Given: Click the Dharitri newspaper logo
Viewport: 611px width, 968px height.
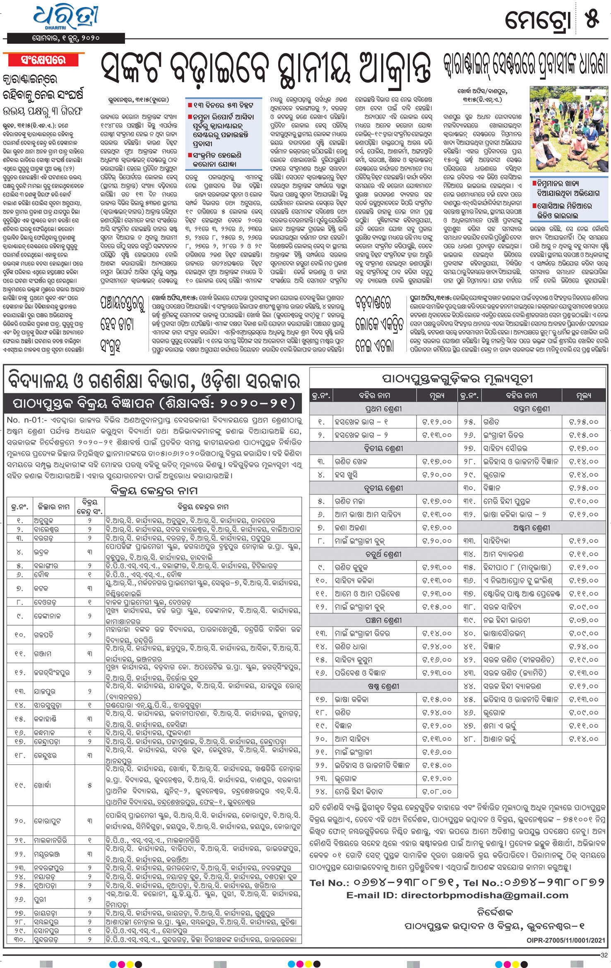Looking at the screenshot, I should point(66,17).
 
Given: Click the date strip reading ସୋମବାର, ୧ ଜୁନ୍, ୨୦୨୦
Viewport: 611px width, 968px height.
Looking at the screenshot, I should point(66,38).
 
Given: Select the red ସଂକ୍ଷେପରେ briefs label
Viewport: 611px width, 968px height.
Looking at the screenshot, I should point(43,60).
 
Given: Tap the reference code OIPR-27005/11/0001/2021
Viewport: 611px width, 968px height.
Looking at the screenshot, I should point(566,940).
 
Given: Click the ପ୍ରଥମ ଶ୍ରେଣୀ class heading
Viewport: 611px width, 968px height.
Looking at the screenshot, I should point(383,409).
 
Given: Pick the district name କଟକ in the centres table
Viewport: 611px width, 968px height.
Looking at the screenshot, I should point(41,588).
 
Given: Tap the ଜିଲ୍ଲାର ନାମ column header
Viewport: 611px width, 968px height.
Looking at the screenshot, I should point(53,507).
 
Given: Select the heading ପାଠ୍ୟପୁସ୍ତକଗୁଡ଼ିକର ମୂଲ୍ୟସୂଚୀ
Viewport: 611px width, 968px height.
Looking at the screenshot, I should point(457,378).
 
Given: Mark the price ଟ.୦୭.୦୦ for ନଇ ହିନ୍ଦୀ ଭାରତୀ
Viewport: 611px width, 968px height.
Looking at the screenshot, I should point(584,620).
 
